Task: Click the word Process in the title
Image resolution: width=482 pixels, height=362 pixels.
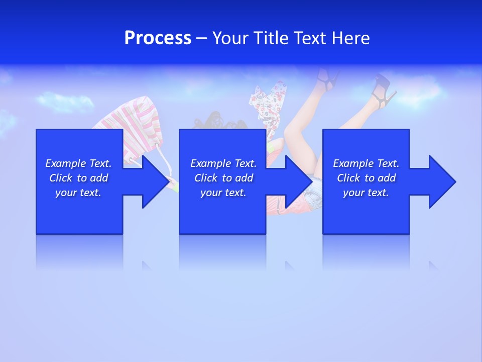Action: pos(158,38)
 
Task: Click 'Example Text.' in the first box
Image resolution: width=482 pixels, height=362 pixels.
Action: pos(78,163)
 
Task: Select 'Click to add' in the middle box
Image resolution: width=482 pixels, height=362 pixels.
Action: pos(223,178)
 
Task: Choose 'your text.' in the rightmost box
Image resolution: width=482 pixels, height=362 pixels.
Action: pos(366,193)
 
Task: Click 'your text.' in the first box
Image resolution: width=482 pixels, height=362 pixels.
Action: pos(78,193)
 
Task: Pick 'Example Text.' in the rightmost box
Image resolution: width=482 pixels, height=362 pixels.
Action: pos(366,163)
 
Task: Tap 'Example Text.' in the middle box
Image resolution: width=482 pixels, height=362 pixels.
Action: pos(223,163)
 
